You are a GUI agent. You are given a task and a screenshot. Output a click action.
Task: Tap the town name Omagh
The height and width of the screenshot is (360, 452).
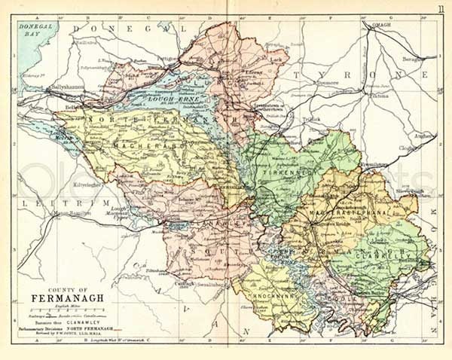(382, 24)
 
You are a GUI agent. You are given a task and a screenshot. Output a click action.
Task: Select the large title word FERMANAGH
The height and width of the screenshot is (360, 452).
(63, 297)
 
